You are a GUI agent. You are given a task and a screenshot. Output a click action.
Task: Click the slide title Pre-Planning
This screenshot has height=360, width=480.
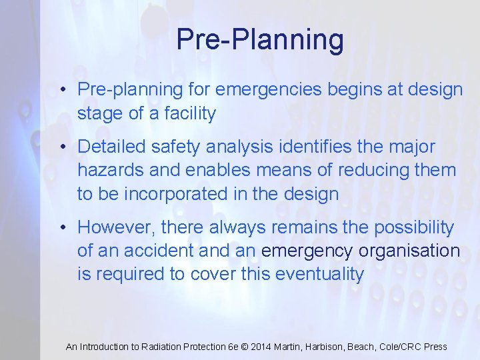(x=260, y=39)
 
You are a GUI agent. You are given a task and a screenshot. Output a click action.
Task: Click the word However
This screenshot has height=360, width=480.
(x=115, y=227)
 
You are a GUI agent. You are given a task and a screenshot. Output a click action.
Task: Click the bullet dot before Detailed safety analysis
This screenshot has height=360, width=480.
(x=62, y=147)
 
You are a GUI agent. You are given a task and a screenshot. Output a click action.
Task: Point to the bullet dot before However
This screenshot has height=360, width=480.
(x=62, y=227)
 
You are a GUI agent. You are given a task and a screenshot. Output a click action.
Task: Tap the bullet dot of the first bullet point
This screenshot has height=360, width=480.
(x=62, y=90)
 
